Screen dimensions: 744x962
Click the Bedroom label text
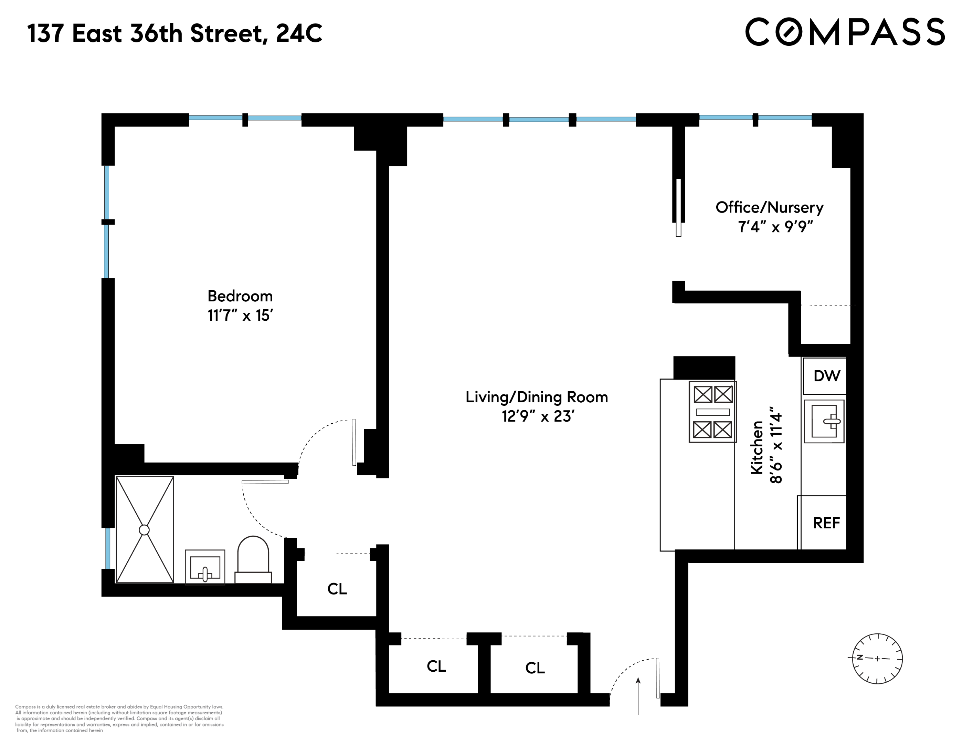[240, 296]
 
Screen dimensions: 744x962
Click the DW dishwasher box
[826, 376]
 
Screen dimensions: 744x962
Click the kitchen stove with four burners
[712, 412]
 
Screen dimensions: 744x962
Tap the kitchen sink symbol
[824, 421]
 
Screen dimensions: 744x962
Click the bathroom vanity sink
[205, 567]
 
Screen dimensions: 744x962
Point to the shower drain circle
[144, 530]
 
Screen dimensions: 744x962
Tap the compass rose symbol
[877, 659]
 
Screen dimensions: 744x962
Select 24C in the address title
[299, 33]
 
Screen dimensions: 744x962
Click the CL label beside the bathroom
[337, 589]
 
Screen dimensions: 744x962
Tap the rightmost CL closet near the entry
[535, 668]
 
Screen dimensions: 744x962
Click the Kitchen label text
[757, 447]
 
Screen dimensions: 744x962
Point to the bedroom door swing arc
[317, 434]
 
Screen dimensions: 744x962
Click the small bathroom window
[107, 548]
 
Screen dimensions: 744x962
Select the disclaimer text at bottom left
[119, 719]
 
